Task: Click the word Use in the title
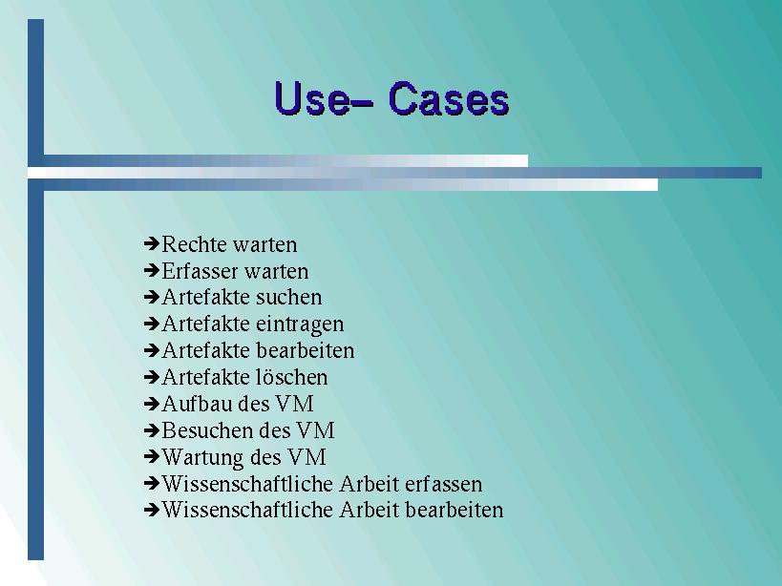(312, 98)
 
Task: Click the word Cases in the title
(449, 98)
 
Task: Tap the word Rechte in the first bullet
(195, 244)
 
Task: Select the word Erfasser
(200, 271)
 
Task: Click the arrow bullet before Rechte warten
(151, 243)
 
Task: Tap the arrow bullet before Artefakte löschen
(151, 377)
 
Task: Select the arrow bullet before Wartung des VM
(151, 456)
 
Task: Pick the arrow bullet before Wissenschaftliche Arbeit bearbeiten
(151, 510)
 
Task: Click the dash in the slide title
(364, 103)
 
